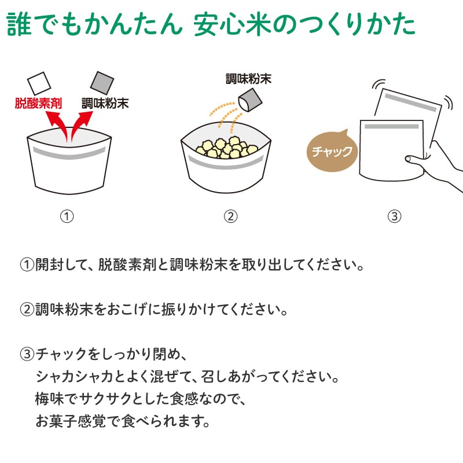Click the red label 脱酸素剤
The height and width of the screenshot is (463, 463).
(x=38, y=104)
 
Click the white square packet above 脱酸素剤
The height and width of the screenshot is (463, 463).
(x=39, y=83)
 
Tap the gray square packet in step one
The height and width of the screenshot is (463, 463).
(x=102, y=83)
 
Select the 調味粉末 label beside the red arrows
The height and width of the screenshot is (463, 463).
(x=105, y=104)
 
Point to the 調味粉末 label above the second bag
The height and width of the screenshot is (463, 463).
(x=248, y=79)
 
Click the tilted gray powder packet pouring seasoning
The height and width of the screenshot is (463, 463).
(x=250, y=100)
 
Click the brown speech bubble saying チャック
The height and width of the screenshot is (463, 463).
(x=332, y=150)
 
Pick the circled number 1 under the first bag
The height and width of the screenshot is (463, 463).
(x=67, y=216)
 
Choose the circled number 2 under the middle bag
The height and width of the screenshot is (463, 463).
(x=230, y=216)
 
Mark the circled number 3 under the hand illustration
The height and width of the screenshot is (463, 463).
(x=395, y=216)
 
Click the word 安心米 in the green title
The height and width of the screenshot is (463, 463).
(x=233, y=24)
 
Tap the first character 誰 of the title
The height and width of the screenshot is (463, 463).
(x=19, y=24)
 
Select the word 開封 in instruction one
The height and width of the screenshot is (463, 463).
(x=49, y=264)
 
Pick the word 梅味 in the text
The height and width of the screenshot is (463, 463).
(x=49, y=399)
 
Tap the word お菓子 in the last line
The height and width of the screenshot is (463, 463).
(x=56, y=422)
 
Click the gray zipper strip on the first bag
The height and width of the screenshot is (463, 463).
(x=69, y=153)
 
